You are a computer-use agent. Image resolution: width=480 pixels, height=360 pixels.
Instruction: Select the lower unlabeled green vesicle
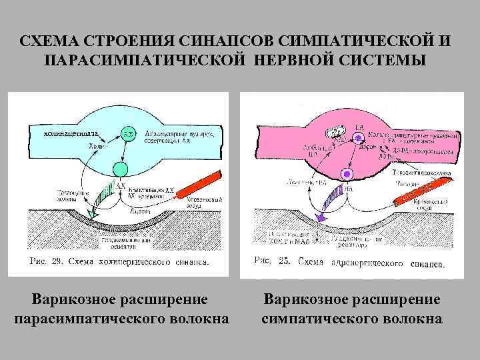pos(121,167)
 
